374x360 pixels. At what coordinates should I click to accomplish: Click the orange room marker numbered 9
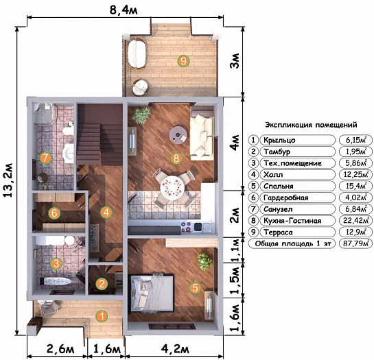(x=183, y=61)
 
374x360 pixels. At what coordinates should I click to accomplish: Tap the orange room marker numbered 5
(x=195, y=287)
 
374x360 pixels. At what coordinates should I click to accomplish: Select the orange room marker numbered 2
(x=102, y=284)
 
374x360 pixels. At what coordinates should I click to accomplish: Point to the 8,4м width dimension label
(x=124, y=10)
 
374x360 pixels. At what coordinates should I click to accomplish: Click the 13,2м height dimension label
(x=8, y=180)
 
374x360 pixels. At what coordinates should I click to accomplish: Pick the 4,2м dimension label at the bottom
(x=175, y=349)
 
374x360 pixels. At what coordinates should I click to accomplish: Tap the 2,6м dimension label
(x=60, y=349)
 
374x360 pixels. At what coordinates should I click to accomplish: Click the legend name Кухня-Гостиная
(x=292, y=221)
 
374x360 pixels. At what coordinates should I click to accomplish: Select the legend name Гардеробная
(x=285, y=197)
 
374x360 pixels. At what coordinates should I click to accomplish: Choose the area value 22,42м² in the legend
(x=355, y=220)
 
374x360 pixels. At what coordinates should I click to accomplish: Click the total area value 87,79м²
(x=355, y=243)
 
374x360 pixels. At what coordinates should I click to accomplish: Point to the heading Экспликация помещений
(x=311, y=125)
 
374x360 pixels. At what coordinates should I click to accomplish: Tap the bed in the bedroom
(x=151, y=293)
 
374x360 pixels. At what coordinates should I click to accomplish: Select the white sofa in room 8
(x=202, y=134)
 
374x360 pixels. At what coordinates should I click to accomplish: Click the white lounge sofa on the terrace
(x=137, y=54)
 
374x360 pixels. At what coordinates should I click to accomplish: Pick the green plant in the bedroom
(x=205, y=261)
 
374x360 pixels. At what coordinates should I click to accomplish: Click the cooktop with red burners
(x=186, y=227)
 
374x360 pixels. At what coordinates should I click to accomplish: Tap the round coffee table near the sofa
(x=178, y=135)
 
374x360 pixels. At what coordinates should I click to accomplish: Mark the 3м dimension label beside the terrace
(x=235, y=61)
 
